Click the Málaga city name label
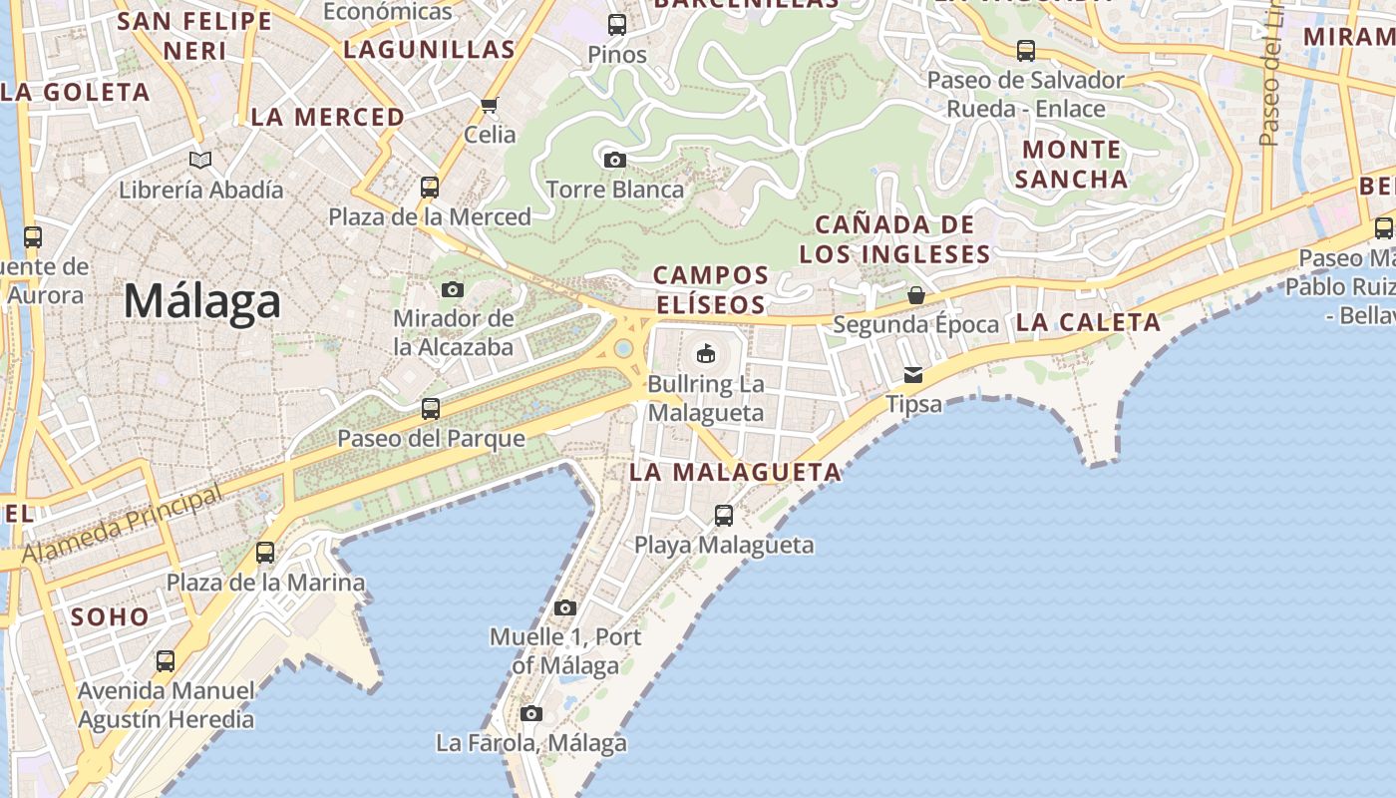pyautogui.click(x=202, y=300)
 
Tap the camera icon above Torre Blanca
pyautogui.click(x=615, y=160)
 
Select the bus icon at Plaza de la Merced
pyautogui.click(x=430, y=188)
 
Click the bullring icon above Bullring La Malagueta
pyautogui.click(x=706, y=353)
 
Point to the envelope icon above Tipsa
pyautogui.click(x=913, y=375)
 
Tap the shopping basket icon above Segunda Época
pyautogui.click(x=915, y=295)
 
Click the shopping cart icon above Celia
pyautogui.click(x=489, y=105)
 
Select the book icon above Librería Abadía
pyautogui.click(x=200, y=160)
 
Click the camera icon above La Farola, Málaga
pyautogui.click(x=531, y=713)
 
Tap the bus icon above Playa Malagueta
pyautogui.click(x=724, y=516)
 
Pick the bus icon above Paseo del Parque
pyautogui.click(x=431, y=409)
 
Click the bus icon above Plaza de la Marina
pyautogui.click(x=265, y=553)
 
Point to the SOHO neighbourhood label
pyautogui.click(x=110, y=617)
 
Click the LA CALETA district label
pyautogui.click(x=1088, y=322)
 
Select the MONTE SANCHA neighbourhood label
pyautogui.click(x=1071, y=165)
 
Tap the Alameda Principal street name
pyautogui.click(x=123, y=525)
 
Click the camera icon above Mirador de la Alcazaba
pyautogui.click(x=453, y=289)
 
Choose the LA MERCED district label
pyautogui.click(x=328, y=117)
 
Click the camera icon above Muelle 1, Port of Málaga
pyautogui.click(x=565, y=607)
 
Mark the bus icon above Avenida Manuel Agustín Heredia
pyautogui.click(x=166, y=660)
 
